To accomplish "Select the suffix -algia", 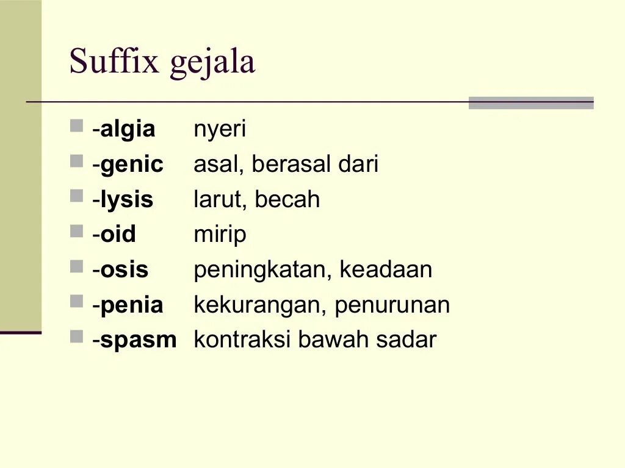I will coord(125,130).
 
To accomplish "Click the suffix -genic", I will coord(129,165).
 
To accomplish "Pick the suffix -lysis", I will coord(123,200).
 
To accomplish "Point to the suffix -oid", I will coord(115,235).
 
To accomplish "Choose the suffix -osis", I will coord(121,270).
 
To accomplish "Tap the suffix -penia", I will coord(128,305).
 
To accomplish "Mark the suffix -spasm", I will coord(135,341).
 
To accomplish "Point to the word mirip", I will coord(220,235).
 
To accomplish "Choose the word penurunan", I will coord(392,305).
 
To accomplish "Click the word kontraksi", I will coord(242,340).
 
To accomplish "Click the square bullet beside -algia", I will coord(76,126).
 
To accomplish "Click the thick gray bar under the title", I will coord(530,103).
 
